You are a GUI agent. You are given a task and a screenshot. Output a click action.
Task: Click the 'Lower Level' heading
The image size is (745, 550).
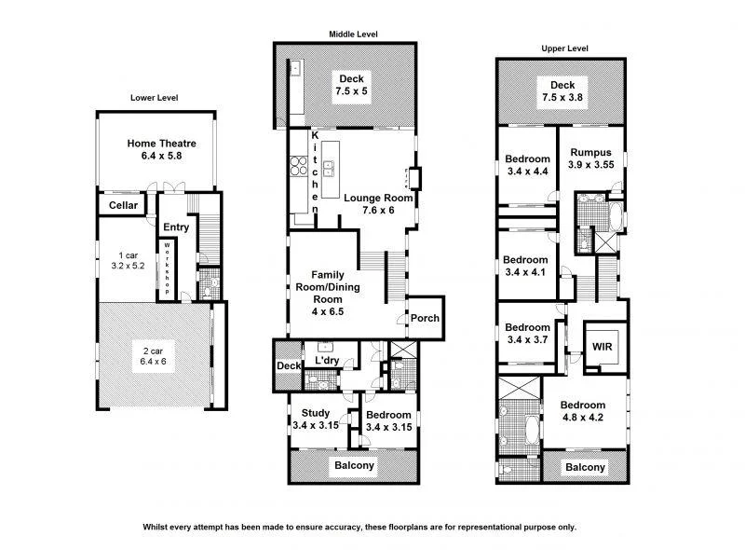coord(154,97)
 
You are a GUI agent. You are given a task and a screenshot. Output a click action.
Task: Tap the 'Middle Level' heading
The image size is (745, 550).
coord(352,34)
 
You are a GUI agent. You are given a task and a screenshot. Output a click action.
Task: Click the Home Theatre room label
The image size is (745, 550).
coord(160,150)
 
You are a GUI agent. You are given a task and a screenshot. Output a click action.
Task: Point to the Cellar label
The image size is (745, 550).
coord(123,205)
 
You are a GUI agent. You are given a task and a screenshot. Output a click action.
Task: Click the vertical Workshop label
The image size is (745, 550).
coord(168,268)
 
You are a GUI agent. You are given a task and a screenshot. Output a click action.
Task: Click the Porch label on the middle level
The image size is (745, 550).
coord(425,319)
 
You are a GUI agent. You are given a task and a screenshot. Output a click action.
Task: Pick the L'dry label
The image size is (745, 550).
coord(326,361)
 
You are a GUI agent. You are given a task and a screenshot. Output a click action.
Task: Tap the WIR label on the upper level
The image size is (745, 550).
coord(603,346)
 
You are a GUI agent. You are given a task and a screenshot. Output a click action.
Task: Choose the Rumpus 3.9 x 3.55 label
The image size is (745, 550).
coord(590,158)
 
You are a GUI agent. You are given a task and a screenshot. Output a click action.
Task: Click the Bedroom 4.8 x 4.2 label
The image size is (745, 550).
coord(583,412)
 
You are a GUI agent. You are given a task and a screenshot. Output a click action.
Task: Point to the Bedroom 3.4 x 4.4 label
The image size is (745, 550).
coord(526,165)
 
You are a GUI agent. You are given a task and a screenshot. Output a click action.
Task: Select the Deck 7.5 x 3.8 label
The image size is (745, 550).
coord(562,91)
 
